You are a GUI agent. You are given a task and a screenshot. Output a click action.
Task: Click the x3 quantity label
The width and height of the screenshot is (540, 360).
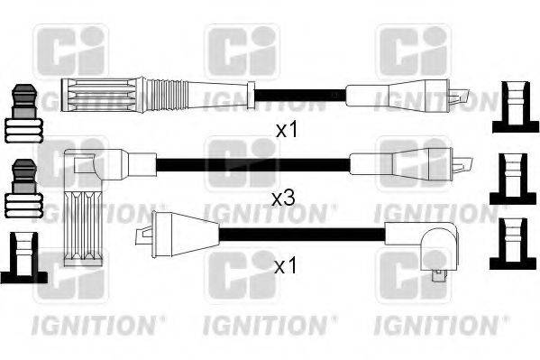[x=283, y=196]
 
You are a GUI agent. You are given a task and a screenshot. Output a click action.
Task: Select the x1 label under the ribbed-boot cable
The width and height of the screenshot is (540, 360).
[x=286, y=130]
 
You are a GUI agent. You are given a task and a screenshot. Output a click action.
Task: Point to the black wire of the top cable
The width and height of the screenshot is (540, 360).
[x=297, y=94]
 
